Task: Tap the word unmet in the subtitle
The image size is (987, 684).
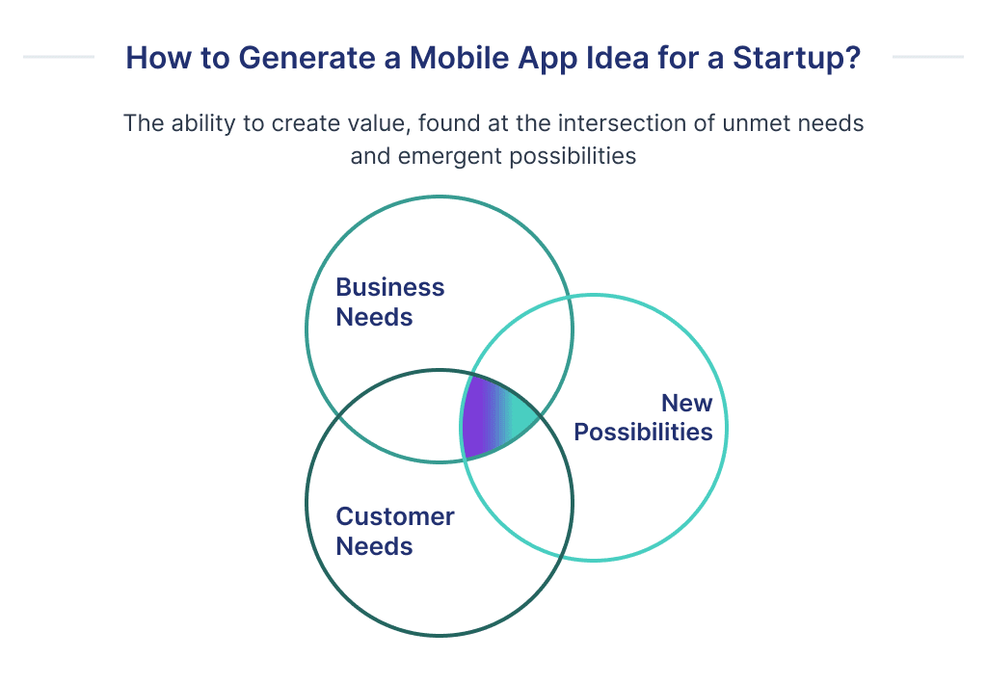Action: tap(762, 124)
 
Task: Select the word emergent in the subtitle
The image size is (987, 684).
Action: tap(440, 156)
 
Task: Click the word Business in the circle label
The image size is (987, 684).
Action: tap(390, 287)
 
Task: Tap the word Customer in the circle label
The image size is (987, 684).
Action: tap(395, 516)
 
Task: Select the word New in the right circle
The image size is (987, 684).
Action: tap(686, 403)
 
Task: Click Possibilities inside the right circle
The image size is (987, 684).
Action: tap(643, 432)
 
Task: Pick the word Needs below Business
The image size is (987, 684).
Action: tap(374, 317)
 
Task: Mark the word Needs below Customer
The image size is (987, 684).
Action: tap(374, 546)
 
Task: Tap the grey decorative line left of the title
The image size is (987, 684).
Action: tap(58, 57)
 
